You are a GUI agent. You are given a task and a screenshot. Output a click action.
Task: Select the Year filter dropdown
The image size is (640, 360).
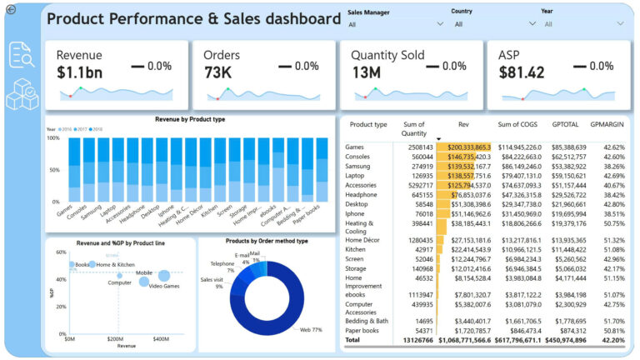click(x=583, y=24)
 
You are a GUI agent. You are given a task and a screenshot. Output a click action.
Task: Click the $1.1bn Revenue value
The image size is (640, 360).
click(x=80, y=72)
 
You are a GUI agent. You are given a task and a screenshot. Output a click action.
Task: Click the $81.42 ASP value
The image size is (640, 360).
click(x=522, y=72)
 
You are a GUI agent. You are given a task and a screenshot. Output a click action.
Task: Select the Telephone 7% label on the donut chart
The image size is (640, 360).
click(x=222, y=267)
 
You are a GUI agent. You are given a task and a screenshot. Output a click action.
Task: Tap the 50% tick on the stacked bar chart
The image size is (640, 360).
click(x=54, y=170)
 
